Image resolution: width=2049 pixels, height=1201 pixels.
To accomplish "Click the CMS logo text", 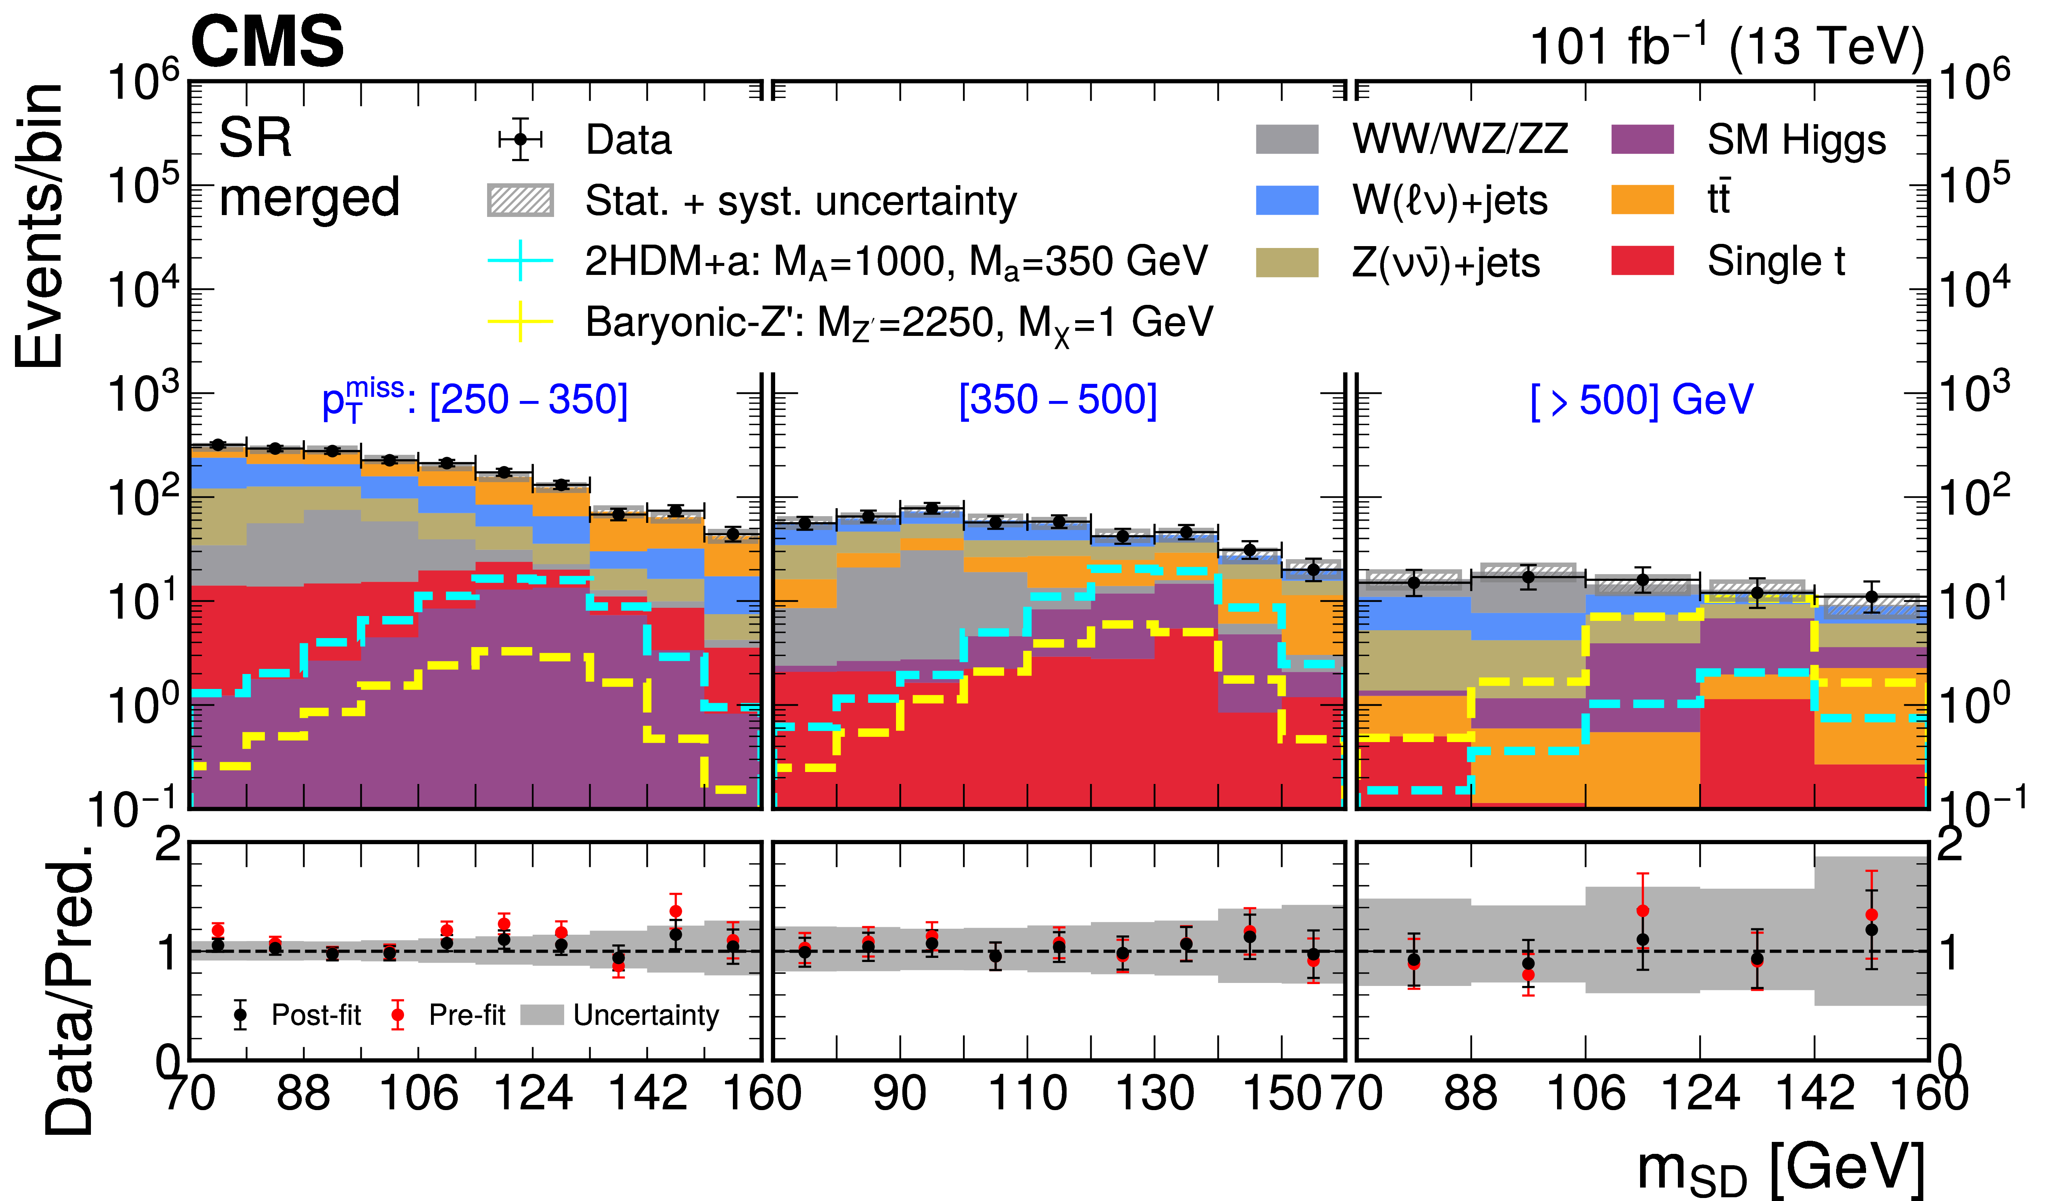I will (267, 42).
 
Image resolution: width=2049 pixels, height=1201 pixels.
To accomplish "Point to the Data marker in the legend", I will (520, 139).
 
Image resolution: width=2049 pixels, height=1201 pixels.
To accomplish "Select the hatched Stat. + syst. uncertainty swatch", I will (520, 200).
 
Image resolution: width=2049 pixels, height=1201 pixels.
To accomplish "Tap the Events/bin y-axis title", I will (39, 226).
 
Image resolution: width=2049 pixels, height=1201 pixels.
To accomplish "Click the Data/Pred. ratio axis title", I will (69, 988).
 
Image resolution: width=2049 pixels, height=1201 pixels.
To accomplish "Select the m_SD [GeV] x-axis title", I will (1781, 1168).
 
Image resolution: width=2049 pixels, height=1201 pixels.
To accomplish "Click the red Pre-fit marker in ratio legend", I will (397, 1015).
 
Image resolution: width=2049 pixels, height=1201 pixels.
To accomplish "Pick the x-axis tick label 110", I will (1027, 1093).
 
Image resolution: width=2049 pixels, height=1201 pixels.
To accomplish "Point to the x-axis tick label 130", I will (1155, 1093).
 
